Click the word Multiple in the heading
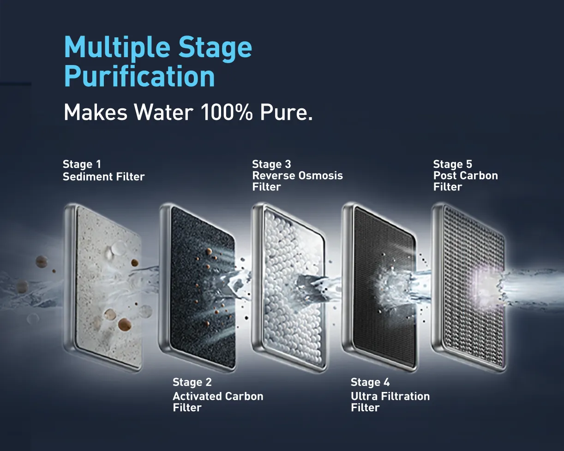117,47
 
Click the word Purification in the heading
139,76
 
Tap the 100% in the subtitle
227,113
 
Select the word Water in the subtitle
163,113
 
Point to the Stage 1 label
82,164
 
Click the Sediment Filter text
104,177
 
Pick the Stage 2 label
192,382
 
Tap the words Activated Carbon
218,396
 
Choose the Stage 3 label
271,164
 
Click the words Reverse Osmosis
298,176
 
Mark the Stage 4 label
370,382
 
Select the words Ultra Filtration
390,396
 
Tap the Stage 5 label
453,164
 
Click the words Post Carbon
465,176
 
